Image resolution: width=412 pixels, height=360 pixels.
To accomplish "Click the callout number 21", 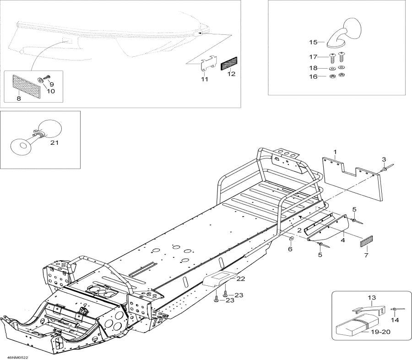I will pos(55,142).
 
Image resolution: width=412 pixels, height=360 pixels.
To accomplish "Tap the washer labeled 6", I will pos(291,239).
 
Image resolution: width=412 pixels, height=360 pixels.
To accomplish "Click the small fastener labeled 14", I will pos(393,311).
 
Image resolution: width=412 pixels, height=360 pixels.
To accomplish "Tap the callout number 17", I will pos(313,57).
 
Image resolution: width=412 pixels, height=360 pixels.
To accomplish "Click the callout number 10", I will pos(50,91).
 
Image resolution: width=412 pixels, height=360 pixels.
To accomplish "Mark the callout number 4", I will pos(343,239).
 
